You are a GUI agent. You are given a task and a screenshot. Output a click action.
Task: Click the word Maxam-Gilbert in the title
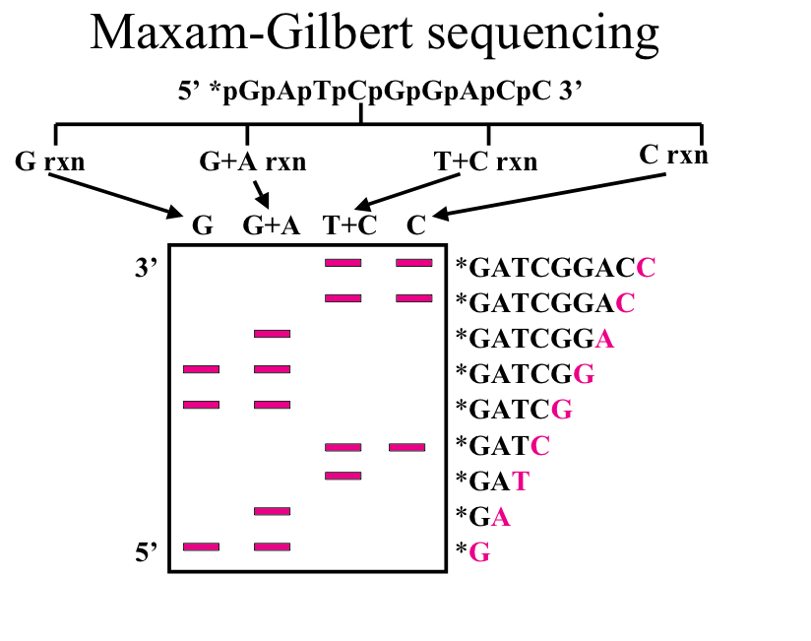[x=252, y=32]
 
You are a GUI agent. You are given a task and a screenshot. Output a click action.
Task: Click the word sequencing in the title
[x=543, y=35]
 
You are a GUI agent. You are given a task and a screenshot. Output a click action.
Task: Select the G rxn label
[x=49, y=161]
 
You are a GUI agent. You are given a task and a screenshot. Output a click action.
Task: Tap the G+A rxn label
[x=253, y=161]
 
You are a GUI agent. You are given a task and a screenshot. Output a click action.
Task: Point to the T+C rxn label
[x=485, y=161]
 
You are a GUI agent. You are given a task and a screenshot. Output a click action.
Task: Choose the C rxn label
[x=673, y=155]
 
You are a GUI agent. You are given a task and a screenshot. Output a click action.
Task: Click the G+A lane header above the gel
[x=272, y=225]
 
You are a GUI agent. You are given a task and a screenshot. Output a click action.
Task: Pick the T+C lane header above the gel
[x=349, y=225]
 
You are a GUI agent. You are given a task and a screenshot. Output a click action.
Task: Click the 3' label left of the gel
[x=146, y=268]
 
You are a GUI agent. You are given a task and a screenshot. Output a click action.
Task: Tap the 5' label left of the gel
[x=146, y=552]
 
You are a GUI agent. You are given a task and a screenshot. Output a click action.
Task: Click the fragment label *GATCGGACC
[x=555, y=268]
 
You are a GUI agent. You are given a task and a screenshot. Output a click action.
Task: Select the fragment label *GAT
[x=492, y=481]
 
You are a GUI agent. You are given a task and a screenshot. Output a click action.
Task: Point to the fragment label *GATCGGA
[x=534, y=340]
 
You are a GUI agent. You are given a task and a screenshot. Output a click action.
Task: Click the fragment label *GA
[x=483, y=517]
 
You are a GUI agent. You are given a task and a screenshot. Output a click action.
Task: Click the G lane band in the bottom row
[x=201, y=546]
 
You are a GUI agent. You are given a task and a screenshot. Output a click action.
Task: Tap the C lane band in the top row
[x=414, y=263]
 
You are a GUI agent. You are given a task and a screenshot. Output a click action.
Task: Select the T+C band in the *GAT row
[x=343, y=476]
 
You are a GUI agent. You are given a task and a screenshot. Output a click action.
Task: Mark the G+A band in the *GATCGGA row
[x=272, y=334]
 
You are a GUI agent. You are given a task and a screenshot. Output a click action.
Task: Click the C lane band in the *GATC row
[x=407, y=447]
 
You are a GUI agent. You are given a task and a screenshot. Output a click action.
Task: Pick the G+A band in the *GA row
[x=272, y=512]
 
